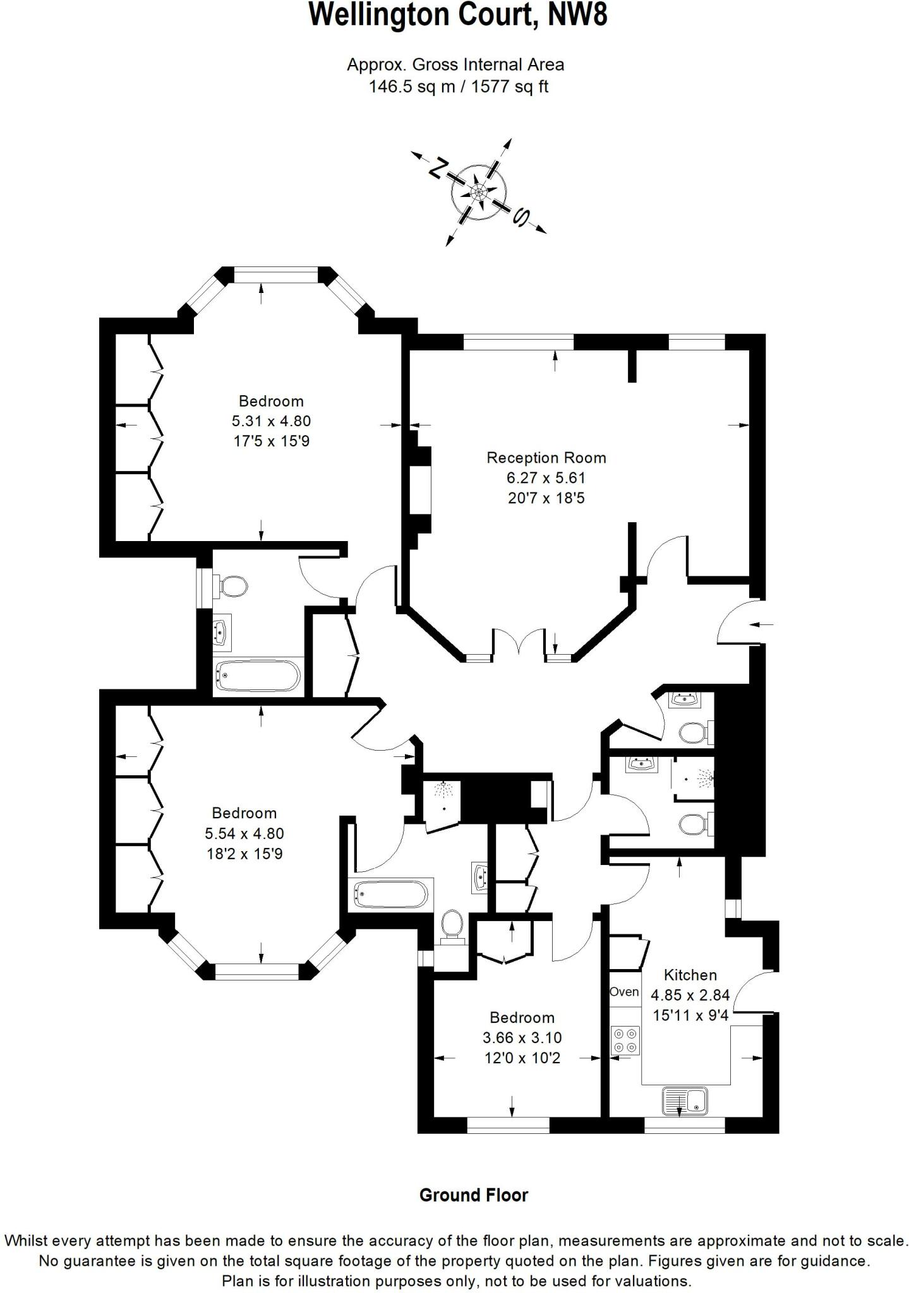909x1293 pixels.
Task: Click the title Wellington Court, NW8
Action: point(458,16)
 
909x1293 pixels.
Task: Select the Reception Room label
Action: point(546,458)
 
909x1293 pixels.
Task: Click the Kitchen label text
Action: point(690,975)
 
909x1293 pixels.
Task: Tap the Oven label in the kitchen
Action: point(624,992)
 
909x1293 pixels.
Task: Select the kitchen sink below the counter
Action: point(685,1101)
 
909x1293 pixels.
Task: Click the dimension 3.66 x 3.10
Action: point(522,1037)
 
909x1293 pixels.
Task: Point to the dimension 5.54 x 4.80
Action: point(244,833)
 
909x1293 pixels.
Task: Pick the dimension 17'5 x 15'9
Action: point(272,441)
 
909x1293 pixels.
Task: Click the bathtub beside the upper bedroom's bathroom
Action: point(257,676)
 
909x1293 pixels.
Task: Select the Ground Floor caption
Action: point(473,1195)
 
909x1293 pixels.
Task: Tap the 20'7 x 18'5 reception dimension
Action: point(546,498)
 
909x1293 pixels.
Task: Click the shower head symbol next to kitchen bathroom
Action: point(703,779)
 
